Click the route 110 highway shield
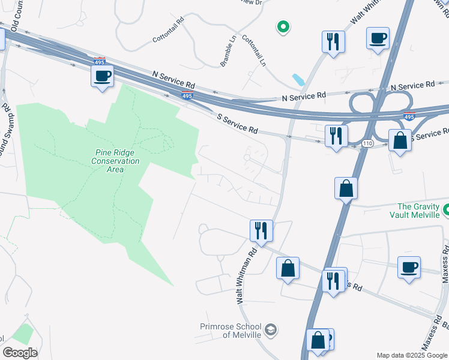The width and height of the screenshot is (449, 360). point(367,143)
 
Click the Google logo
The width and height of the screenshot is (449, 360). point(20,353)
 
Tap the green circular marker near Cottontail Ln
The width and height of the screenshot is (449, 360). point(283,26)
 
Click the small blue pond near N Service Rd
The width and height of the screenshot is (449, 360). point(298,79)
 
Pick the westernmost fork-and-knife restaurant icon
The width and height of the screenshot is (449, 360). point(261,229)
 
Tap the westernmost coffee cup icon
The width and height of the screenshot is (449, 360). point(101,76)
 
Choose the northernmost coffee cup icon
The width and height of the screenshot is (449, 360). point(378,37)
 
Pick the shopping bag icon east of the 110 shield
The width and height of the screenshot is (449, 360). point(399,140)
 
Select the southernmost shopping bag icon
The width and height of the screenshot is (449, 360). point(318,340)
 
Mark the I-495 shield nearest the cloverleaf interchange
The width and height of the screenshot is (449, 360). point(409,118)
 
